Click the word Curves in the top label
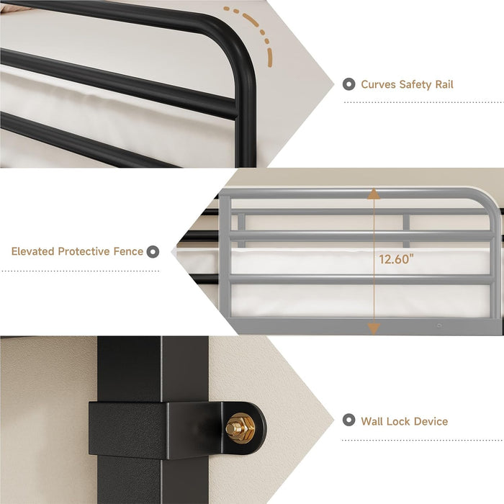click(x=378, y=84)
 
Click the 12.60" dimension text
click(x=396, y=259)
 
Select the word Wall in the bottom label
click(x=372, y=421)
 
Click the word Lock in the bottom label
click(x=398, y=421)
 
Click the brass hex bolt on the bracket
click(x=240, y=428)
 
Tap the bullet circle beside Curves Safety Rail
click(x=348, y=84)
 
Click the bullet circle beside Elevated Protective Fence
click(x=153, y=252)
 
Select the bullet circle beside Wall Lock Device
click(x=348, y=420)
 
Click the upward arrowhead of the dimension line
click(x=374, y=194)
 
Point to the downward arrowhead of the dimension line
click(x=374, y=329)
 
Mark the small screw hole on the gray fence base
click(x=439, y=325)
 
